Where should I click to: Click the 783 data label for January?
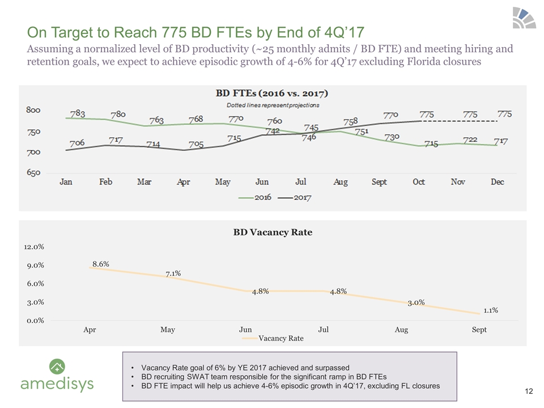pyautogui.click(x=78, y=113)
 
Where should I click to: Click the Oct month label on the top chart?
pyautogui.click(x=419, y=182)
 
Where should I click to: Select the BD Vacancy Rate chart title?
pyautogui.click(x=273, y=232)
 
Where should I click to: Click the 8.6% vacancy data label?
pyautogui.click(x=100, y=264)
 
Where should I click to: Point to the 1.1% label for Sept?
pyautogui.click(x=491, y=310)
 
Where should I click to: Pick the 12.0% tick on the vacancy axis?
pyautogui.click(x=35, y=247)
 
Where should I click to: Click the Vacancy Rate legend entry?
pyautogui.click(x=280, y=338)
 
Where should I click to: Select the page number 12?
pyautogui.click(x=530, y=390)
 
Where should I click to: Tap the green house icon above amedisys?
pyautogui.click(x=57, y=365)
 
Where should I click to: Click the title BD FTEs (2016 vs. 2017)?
pyautogui.click(x=273, y=93)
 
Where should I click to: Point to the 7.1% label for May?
pyautogui.click(x=173, y=274)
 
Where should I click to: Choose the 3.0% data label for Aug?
pyautogui.click(x=416, y=303)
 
